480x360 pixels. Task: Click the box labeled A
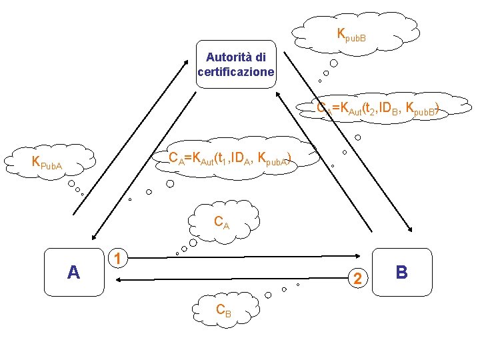pos(74,272)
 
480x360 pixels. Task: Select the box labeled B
pos(401,272)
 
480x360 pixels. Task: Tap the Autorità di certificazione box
pos(236,65)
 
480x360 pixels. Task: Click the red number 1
pos(117,258)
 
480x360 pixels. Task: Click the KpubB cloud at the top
pos(351,31)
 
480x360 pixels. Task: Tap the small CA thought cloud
pos(223,222)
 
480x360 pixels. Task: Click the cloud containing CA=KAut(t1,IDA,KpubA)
pos(230,158)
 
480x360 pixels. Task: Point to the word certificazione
pos(236,71)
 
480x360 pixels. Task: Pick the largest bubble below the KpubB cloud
pos(333,63)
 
